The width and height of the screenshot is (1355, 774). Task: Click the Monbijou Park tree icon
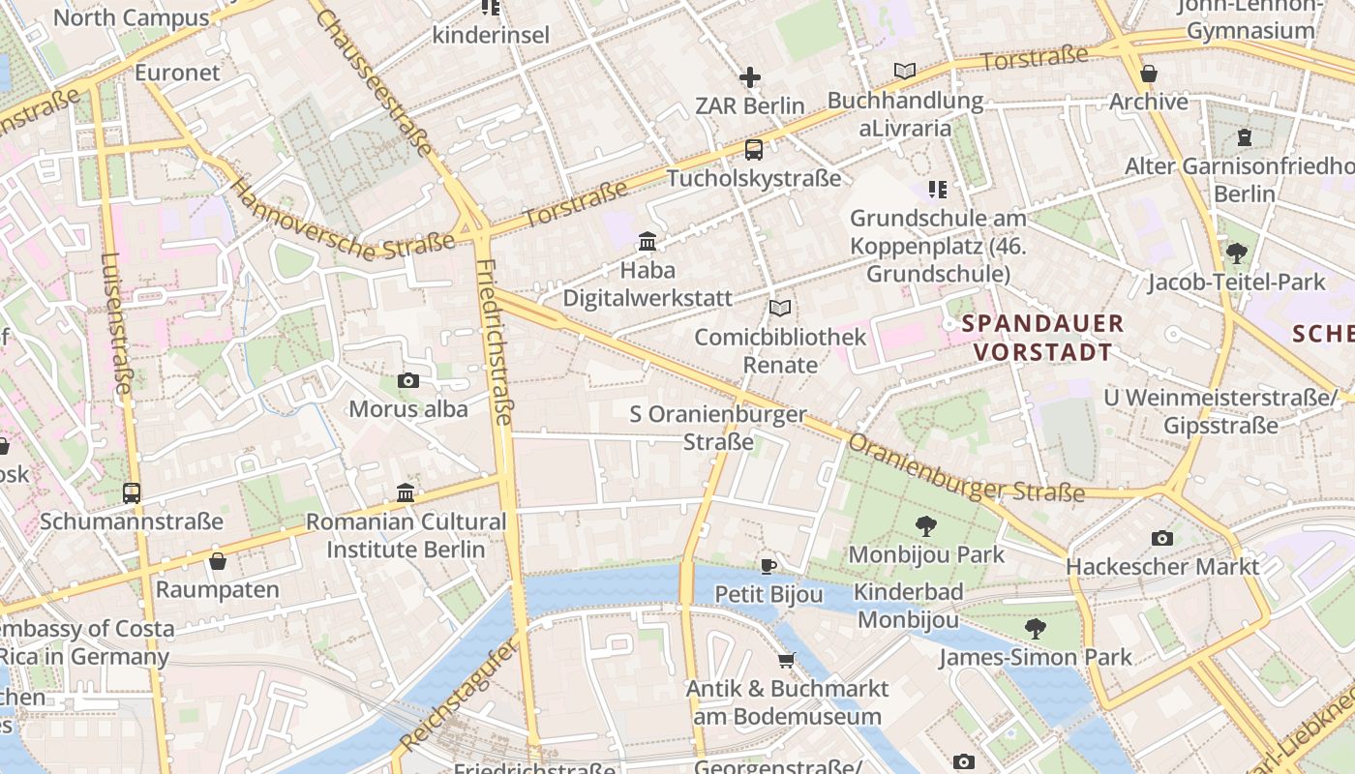pos(926,526)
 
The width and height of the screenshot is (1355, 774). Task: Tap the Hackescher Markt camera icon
pos(1162,538)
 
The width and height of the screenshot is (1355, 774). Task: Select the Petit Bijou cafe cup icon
pos(768,566)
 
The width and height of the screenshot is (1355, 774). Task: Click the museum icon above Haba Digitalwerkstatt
pos(647,241)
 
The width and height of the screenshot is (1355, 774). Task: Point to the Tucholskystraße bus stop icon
pos(753,150)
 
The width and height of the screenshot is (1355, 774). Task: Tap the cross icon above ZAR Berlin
pos(749,77)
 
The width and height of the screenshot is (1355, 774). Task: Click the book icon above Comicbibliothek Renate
pos(780,308)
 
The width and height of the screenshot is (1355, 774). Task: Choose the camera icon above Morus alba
pos(408,380)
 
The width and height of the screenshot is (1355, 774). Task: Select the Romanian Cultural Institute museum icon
pos(406,493)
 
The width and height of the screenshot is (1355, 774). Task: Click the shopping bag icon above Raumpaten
pos(218,561)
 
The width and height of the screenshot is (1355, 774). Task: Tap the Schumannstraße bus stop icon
pos(132,492)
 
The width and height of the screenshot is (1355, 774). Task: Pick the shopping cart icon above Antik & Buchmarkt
pos(787,660)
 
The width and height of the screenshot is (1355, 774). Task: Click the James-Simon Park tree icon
pos(1036,629)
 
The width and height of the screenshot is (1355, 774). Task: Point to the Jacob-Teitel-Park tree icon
pos(1236,253)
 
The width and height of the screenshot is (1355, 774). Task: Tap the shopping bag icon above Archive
pos(1149,74)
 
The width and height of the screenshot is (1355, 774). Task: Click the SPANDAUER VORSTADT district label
pos(1043,337)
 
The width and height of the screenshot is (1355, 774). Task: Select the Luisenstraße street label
pos(115,323)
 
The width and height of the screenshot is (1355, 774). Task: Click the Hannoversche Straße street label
pos(343,222)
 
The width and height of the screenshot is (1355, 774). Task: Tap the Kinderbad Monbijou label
pos(909,606)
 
